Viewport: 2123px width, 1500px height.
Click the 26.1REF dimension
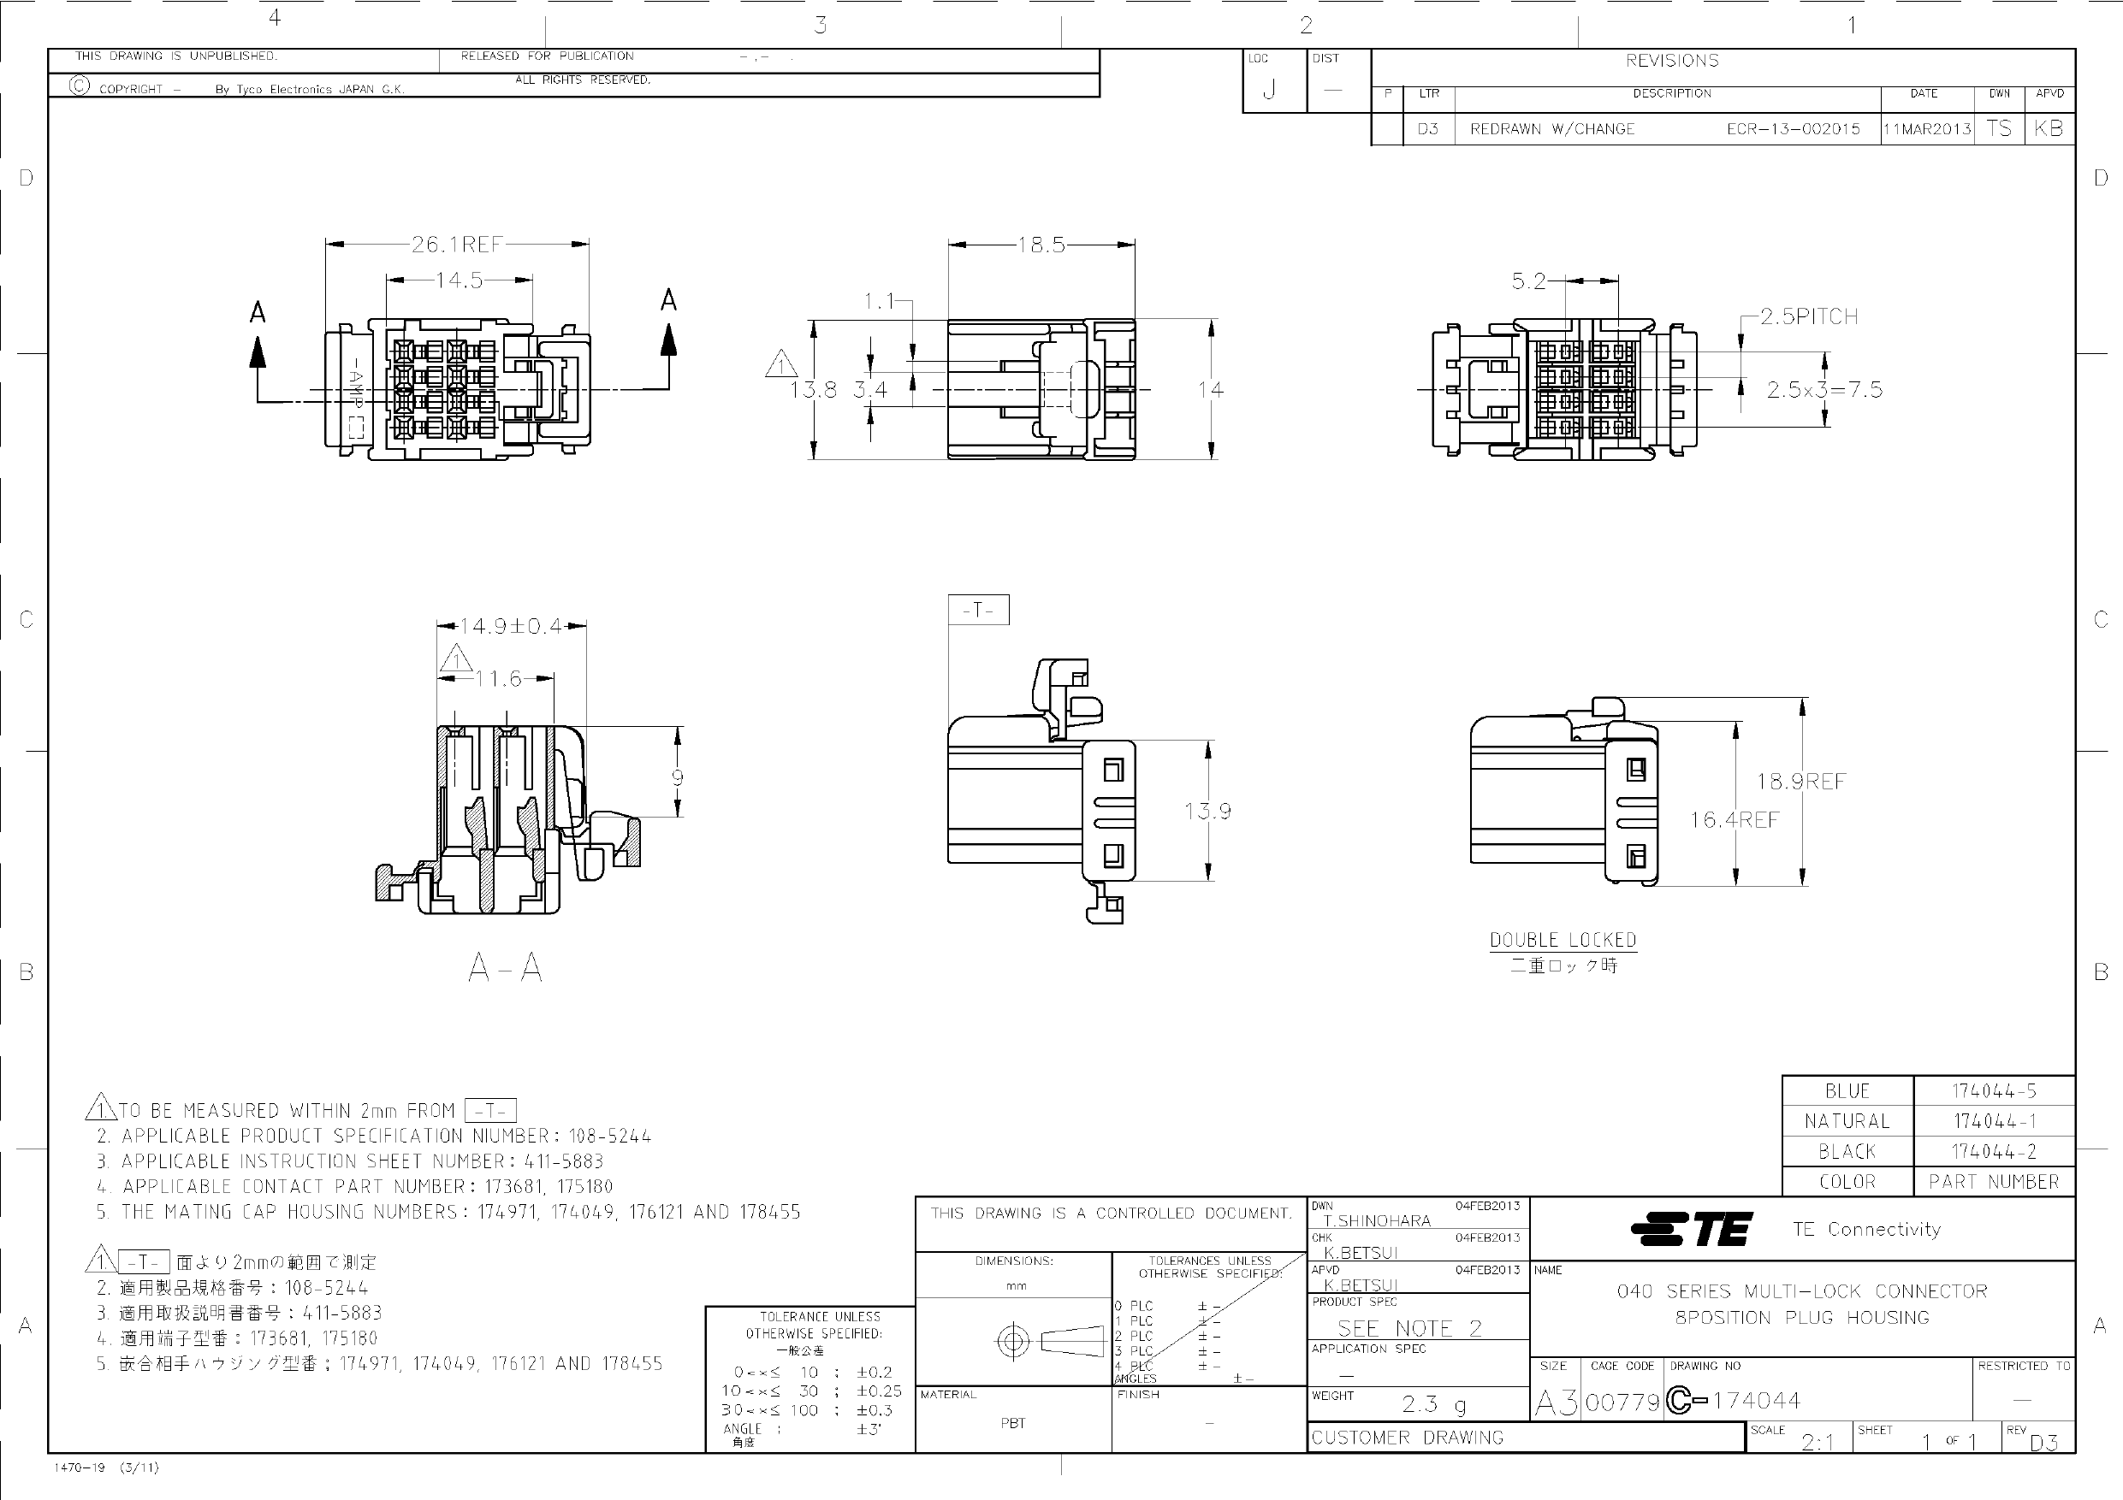tap(457, 244)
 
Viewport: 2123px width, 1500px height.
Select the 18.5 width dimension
tap(1041, 245)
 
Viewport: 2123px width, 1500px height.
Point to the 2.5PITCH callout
tap(1809, 317)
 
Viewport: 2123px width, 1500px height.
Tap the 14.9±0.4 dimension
tap(512, 627)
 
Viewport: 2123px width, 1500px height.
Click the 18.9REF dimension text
tap(1801, 782)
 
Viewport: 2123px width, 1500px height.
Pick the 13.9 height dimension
tap(1207, 812)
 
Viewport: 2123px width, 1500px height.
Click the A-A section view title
tap(505, 969)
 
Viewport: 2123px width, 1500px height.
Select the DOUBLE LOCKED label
tap(1563, 940)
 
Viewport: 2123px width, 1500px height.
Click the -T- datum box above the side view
tap(978, 610)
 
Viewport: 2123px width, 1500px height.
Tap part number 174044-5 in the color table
tap(1994, 1090)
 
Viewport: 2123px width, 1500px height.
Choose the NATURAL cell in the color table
tap(1847, 1121)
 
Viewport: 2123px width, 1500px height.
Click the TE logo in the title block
tap(1691, 1229)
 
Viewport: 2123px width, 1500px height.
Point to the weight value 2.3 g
tap(1433, 1405)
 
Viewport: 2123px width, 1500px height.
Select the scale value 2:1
tap(1818, 1442)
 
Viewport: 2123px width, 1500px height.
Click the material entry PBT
tap(1013, 1423)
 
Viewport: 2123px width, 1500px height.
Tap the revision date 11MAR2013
tap(1927, 129)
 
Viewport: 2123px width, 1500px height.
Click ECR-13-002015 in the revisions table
tap(1793, 129)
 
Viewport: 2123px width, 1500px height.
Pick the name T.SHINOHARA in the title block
tap(1377, 1221)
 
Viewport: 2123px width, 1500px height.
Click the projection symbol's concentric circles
tap(1013, 1341)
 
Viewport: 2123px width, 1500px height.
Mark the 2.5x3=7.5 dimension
tap(1824, 390)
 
